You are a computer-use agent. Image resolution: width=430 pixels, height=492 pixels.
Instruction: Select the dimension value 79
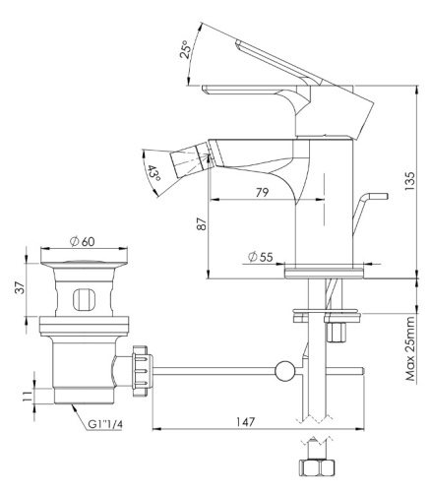click(263, 192)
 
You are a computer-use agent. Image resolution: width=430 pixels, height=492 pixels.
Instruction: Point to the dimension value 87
click(203, 224)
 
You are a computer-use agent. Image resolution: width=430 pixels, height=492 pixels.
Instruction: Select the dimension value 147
click(245, 422)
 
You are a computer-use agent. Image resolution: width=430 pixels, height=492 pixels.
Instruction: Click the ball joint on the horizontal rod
click(284, 372)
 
